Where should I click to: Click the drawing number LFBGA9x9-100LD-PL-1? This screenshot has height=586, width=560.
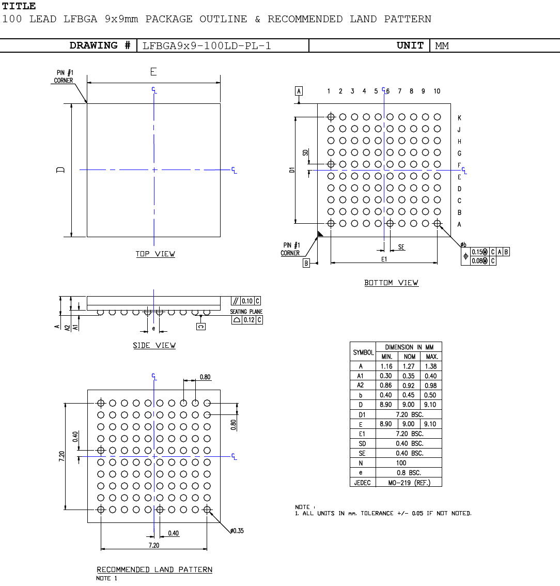click(207, 45)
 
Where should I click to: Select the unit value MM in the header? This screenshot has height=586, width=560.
click(442, 45)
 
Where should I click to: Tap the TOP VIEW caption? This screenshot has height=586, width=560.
click(155, 254)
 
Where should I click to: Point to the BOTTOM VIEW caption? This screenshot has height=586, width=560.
click(391, 283)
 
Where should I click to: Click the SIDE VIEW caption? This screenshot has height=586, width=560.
click(154, 345)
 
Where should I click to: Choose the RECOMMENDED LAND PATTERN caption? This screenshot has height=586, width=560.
click(154, 569)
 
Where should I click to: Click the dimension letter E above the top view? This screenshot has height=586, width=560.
click(153, 72)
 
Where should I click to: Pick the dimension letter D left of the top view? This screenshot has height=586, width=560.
click(61, 169)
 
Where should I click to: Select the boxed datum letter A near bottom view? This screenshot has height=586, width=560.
click(299, 91)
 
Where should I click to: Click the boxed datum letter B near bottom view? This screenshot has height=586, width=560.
click(306, 263)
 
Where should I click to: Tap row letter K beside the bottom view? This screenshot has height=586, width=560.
click(459, 118)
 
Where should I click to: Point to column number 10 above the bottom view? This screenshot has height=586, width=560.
click(437, 91)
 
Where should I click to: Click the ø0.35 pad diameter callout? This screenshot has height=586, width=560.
click(237, 531)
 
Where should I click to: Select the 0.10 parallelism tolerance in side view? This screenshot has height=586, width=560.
click(247, 301)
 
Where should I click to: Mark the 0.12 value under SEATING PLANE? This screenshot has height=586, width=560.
click(249, 320)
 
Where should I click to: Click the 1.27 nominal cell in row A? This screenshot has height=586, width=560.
click(409, 366)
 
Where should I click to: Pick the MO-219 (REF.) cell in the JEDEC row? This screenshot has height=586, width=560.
click(409, 483)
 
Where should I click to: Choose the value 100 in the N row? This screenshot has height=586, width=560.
click(401, 463)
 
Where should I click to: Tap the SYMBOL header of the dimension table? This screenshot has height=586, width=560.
click(363, 352)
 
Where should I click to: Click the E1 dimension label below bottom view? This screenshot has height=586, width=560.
click(384, 259)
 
